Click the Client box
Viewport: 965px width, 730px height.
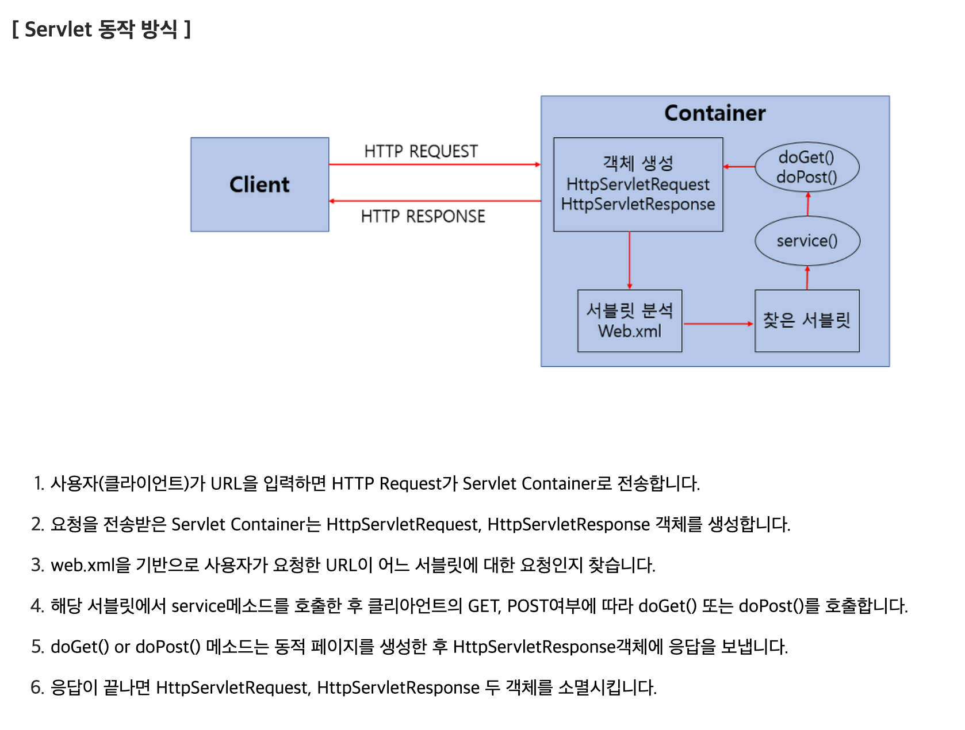(x=259, y=185)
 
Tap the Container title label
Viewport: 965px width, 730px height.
(x=715, y=113)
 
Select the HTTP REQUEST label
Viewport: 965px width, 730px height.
(x=421, y=151)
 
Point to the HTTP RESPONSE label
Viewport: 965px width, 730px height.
(x=423, y=216)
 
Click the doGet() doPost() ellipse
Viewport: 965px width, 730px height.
(x=806, y=167)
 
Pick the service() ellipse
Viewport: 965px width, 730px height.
(x=807, y=241)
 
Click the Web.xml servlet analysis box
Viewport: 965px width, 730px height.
(x=629, y=321)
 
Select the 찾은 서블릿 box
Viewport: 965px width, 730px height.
(x=806, y=321)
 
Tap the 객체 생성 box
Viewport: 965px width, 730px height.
(x=638, y=184)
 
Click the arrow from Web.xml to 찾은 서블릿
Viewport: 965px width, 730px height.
(x=718, y=324)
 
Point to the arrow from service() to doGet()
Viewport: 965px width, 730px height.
(x=808, y=205)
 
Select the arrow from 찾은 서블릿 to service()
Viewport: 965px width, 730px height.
(x=807, y=278)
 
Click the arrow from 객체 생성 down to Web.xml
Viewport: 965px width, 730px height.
(x=630, y=260)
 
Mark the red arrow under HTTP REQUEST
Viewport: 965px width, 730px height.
(x=434, y=165)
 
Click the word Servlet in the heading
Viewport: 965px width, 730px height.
(x=58, y=29)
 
